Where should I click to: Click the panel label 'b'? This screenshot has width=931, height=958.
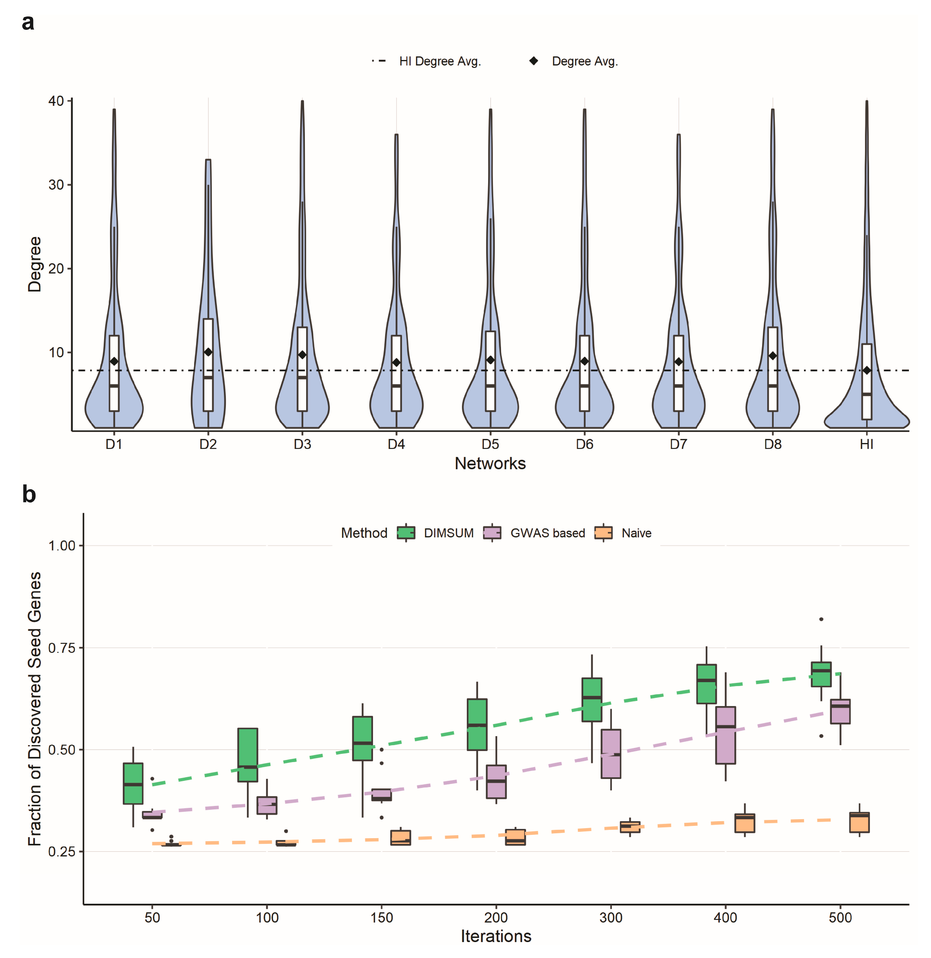[x=29, y=494]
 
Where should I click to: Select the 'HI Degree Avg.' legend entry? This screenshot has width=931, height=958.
[x=440, y=61]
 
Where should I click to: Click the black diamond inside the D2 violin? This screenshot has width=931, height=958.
[x=208, y=352]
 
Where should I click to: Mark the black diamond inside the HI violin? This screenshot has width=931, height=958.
[x=866, y=370]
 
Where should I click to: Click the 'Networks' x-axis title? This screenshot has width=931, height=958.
[x=490, y=463]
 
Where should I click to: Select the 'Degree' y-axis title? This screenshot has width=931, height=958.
[x=34, y=264]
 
